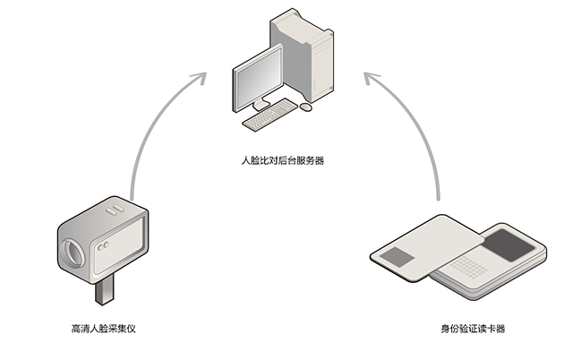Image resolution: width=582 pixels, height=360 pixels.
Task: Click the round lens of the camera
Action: click(x=73, y=254)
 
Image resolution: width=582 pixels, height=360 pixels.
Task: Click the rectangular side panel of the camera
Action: click(x=122, y=244)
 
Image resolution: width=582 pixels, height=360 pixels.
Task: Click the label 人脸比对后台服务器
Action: click(x=283, y=162)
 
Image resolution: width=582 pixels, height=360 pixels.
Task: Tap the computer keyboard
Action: click(x=271, y=115)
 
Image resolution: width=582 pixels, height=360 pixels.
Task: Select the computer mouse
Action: click(x=306, y=107)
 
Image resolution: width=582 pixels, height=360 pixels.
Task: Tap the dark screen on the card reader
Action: click(x=506, y=244)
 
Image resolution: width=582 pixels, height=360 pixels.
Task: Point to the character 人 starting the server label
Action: click(x=245, y=162)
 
